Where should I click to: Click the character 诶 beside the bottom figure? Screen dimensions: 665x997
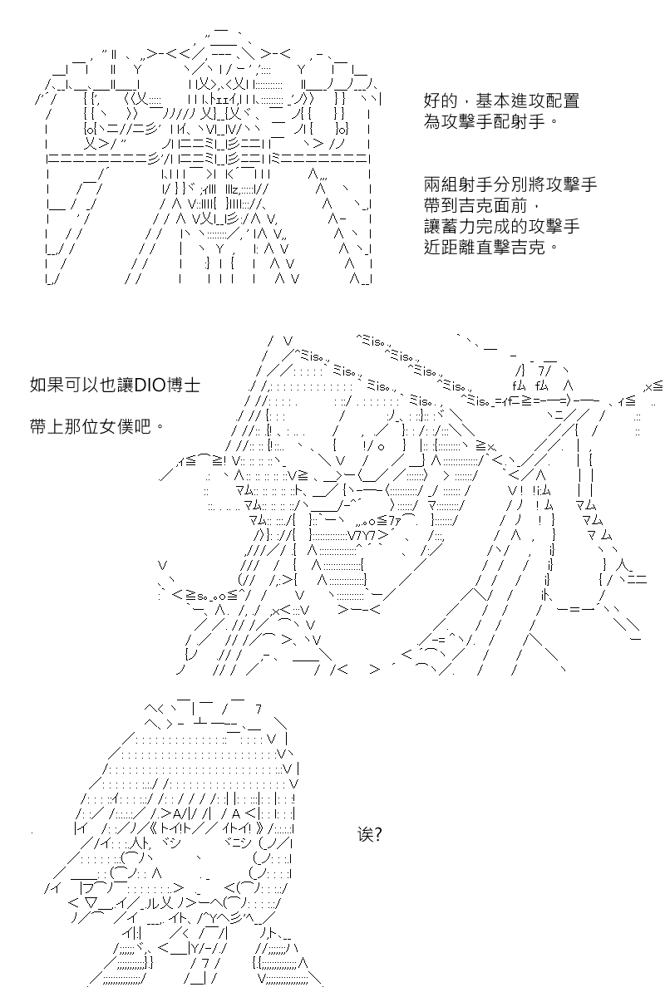point(364,834)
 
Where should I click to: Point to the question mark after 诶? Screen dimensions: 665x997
point(377,834)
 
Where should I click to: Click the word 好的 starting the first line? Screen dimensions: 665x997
point(440,101)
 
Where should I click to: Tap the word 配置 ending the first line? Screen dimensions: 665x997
point(562,101)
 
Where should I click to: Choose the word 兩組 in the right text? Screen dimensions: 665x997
point(440,184)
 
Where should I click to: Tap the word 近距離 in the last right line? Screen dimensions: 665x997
point(449,247)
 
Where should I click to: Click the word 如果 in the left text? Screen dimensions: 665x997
point(47,385)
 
